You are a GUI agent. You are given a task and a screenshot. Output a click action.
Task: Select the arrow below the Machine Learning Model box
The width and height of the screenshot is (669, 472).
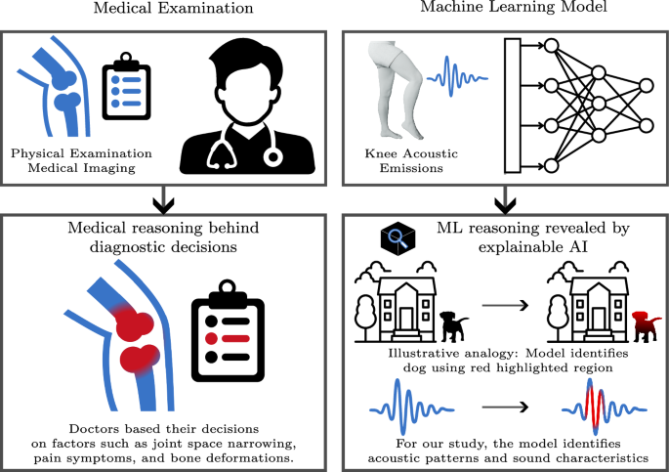click(503, 203)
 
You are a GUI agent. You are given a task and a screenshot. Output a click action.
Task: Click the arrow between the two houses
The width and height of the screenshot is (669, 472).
click(503, 305)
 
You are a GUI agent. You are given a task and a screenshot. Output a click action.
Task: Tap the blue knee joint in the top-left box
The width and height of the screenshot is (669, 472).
click(60, 89)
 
